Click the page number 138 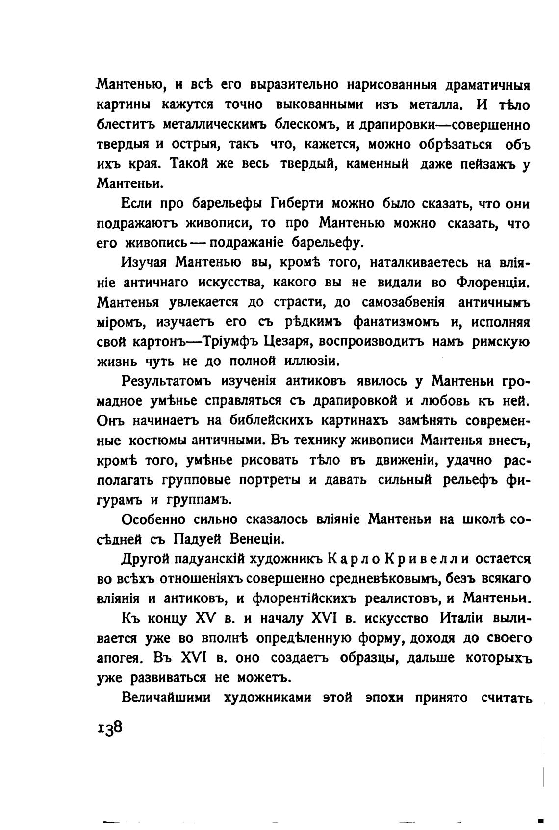(x=109, y=727)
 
